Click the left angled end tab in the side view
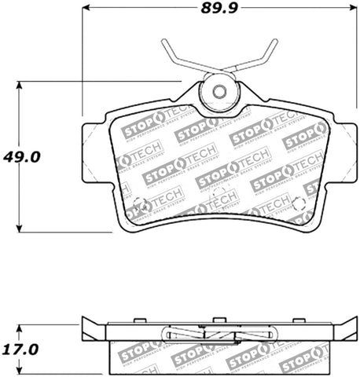click(x=93, y=329)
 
